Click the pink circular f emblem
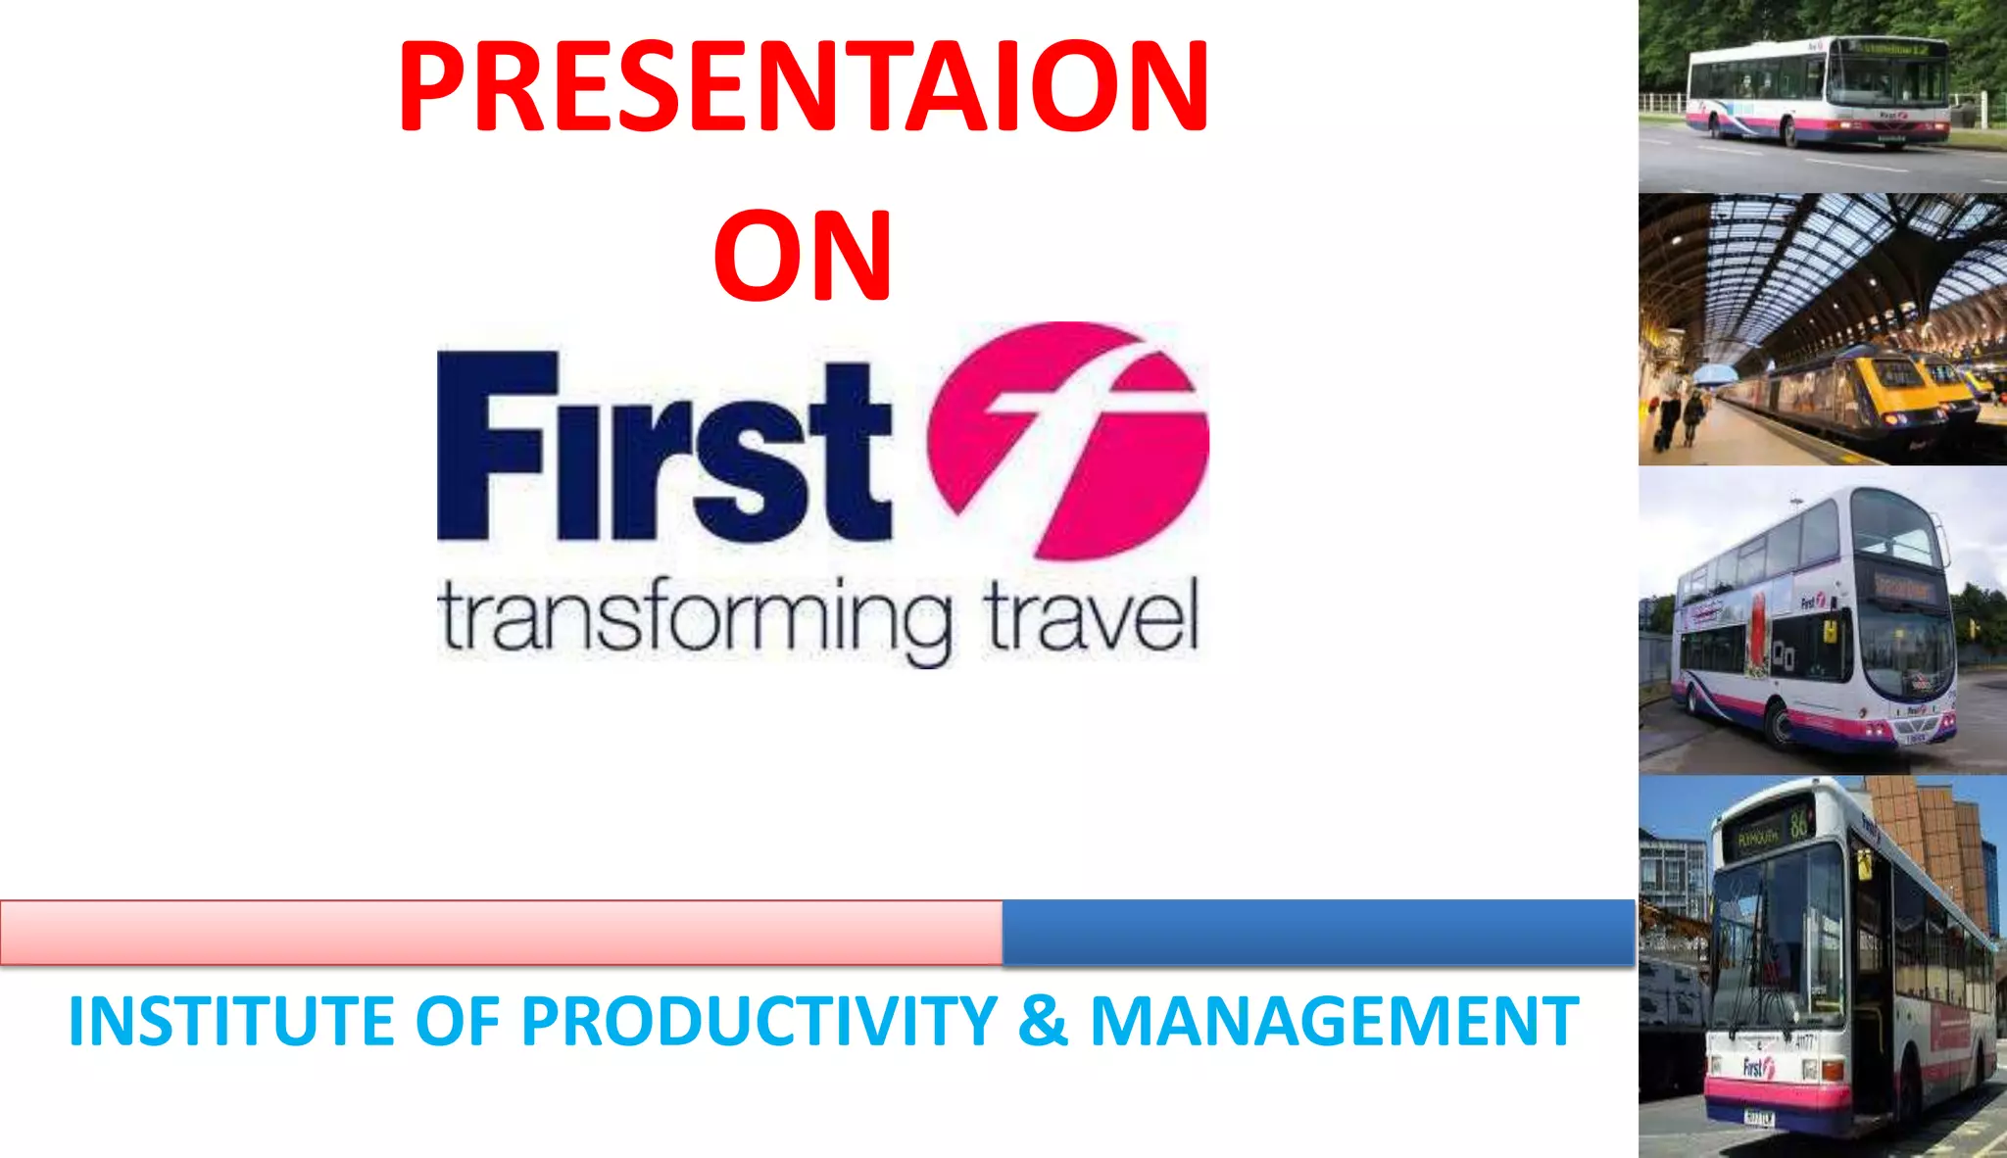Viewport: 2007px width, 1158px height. [x=1068, y=441]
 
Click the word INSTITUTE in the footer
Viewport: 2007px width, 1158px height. [x=231, y=1022]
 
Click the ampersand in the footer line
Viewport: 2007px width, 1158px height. [x=1043, y=1022]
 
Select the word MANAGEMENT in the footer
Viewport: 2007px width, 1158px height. [x=1334, y=1022]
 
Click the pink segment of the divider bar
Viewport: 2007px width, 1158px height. [x=500, y=933]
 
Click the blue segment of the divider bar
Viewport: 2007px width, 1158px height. [x=1318, y=933]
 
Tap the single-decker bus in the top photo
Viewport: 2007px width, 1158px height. [x=1818, y=93]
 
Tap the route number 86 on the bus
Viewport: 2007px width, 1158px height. [x=1799, y=822]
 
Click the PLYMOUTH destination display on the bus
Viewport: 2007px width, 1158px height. [x=1757, y=838]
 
